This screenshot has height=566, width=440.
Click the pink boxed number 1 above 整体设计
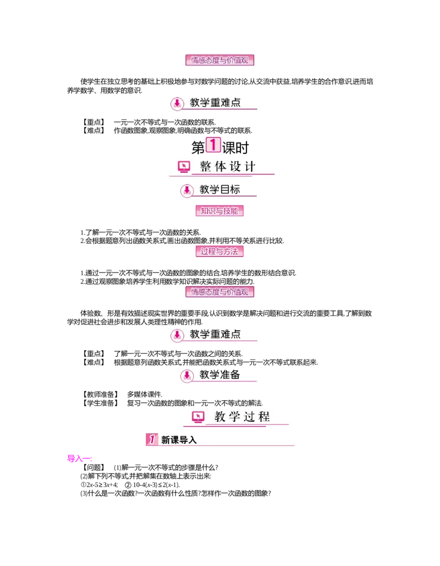pos(213,145)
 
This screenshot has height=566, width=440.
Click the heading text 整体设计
pos(228,167)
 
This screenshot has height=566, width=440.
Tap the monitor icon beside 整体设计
pos(184,167)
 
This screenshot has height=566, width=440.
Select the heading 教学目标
pos(219,190)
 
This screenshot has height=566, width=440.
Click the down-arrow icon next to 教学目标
pos(187,191)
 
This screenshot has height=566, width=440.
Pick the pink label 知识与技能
pos(219,211)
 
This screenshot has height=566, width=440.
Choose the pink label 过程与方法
pos(219,252)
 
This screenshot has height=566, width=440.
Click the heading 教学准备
pos(219,375)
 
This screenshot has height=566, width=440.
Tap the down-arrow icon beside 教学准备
pos(187,375)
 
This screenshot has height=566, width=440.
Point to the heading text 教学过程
pos(242,416)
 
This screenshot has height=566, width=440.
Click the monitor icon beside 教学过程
pos(198,417)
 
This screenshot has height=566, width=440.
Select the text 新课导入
pos(179,440)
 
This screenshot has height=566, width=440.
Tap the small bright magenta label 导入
pos(79,458)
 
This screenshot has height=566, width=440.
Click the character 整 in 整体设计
pos(206,167)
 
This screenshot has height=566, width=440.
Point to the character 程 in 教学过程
pos(264,416)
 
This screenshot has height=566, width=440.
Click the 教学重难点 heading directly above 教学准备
pos(215,334)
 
